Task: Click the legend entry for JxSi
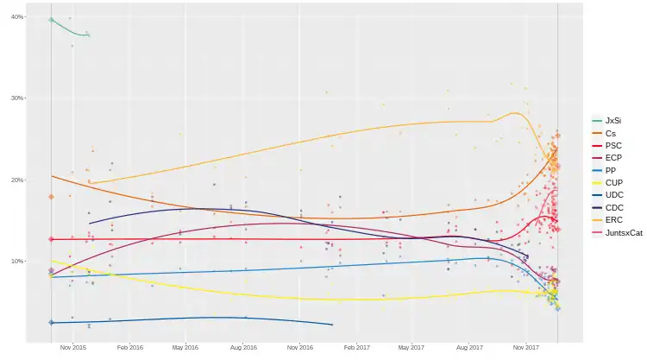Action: [x=613, y=120]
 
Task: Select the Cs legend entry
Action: [x=610, y=133]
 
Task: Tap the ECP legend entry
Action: [x=612, y=158]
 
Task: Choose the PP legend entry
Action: [x=610, y=170]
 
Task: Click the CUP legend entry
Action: [x=612, y=183]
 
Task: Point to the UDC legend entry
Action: [x=612, y=195]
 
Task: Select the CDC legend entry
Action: [x=612, y=208]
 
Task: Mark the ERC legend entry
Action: [x=612, y=220]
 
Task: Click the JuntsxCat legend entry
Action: [x=623, y=233]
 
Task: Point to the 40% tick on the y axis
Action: [x=17, y=17]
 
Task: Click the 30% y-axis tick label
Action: [x=17, y=98]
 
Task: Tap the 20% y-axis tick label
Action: [x=17, y=180]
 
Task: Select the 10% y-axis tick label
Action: [x=17, y=261]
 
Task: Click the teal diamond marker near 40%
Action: [x=51, y=20]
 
